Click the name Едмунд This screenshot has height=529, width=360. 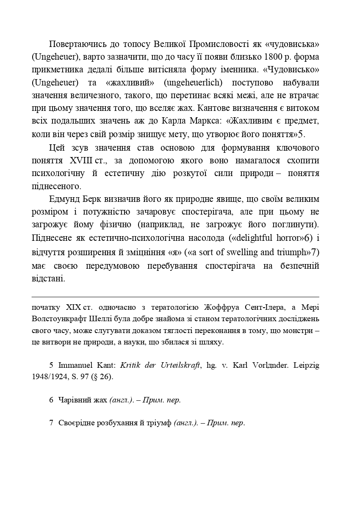tap(64, 199)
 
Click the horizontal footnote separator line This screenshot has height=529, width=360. tap(175, 297)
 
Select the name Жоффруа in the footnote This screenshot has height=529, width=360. tap(220, 307)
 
